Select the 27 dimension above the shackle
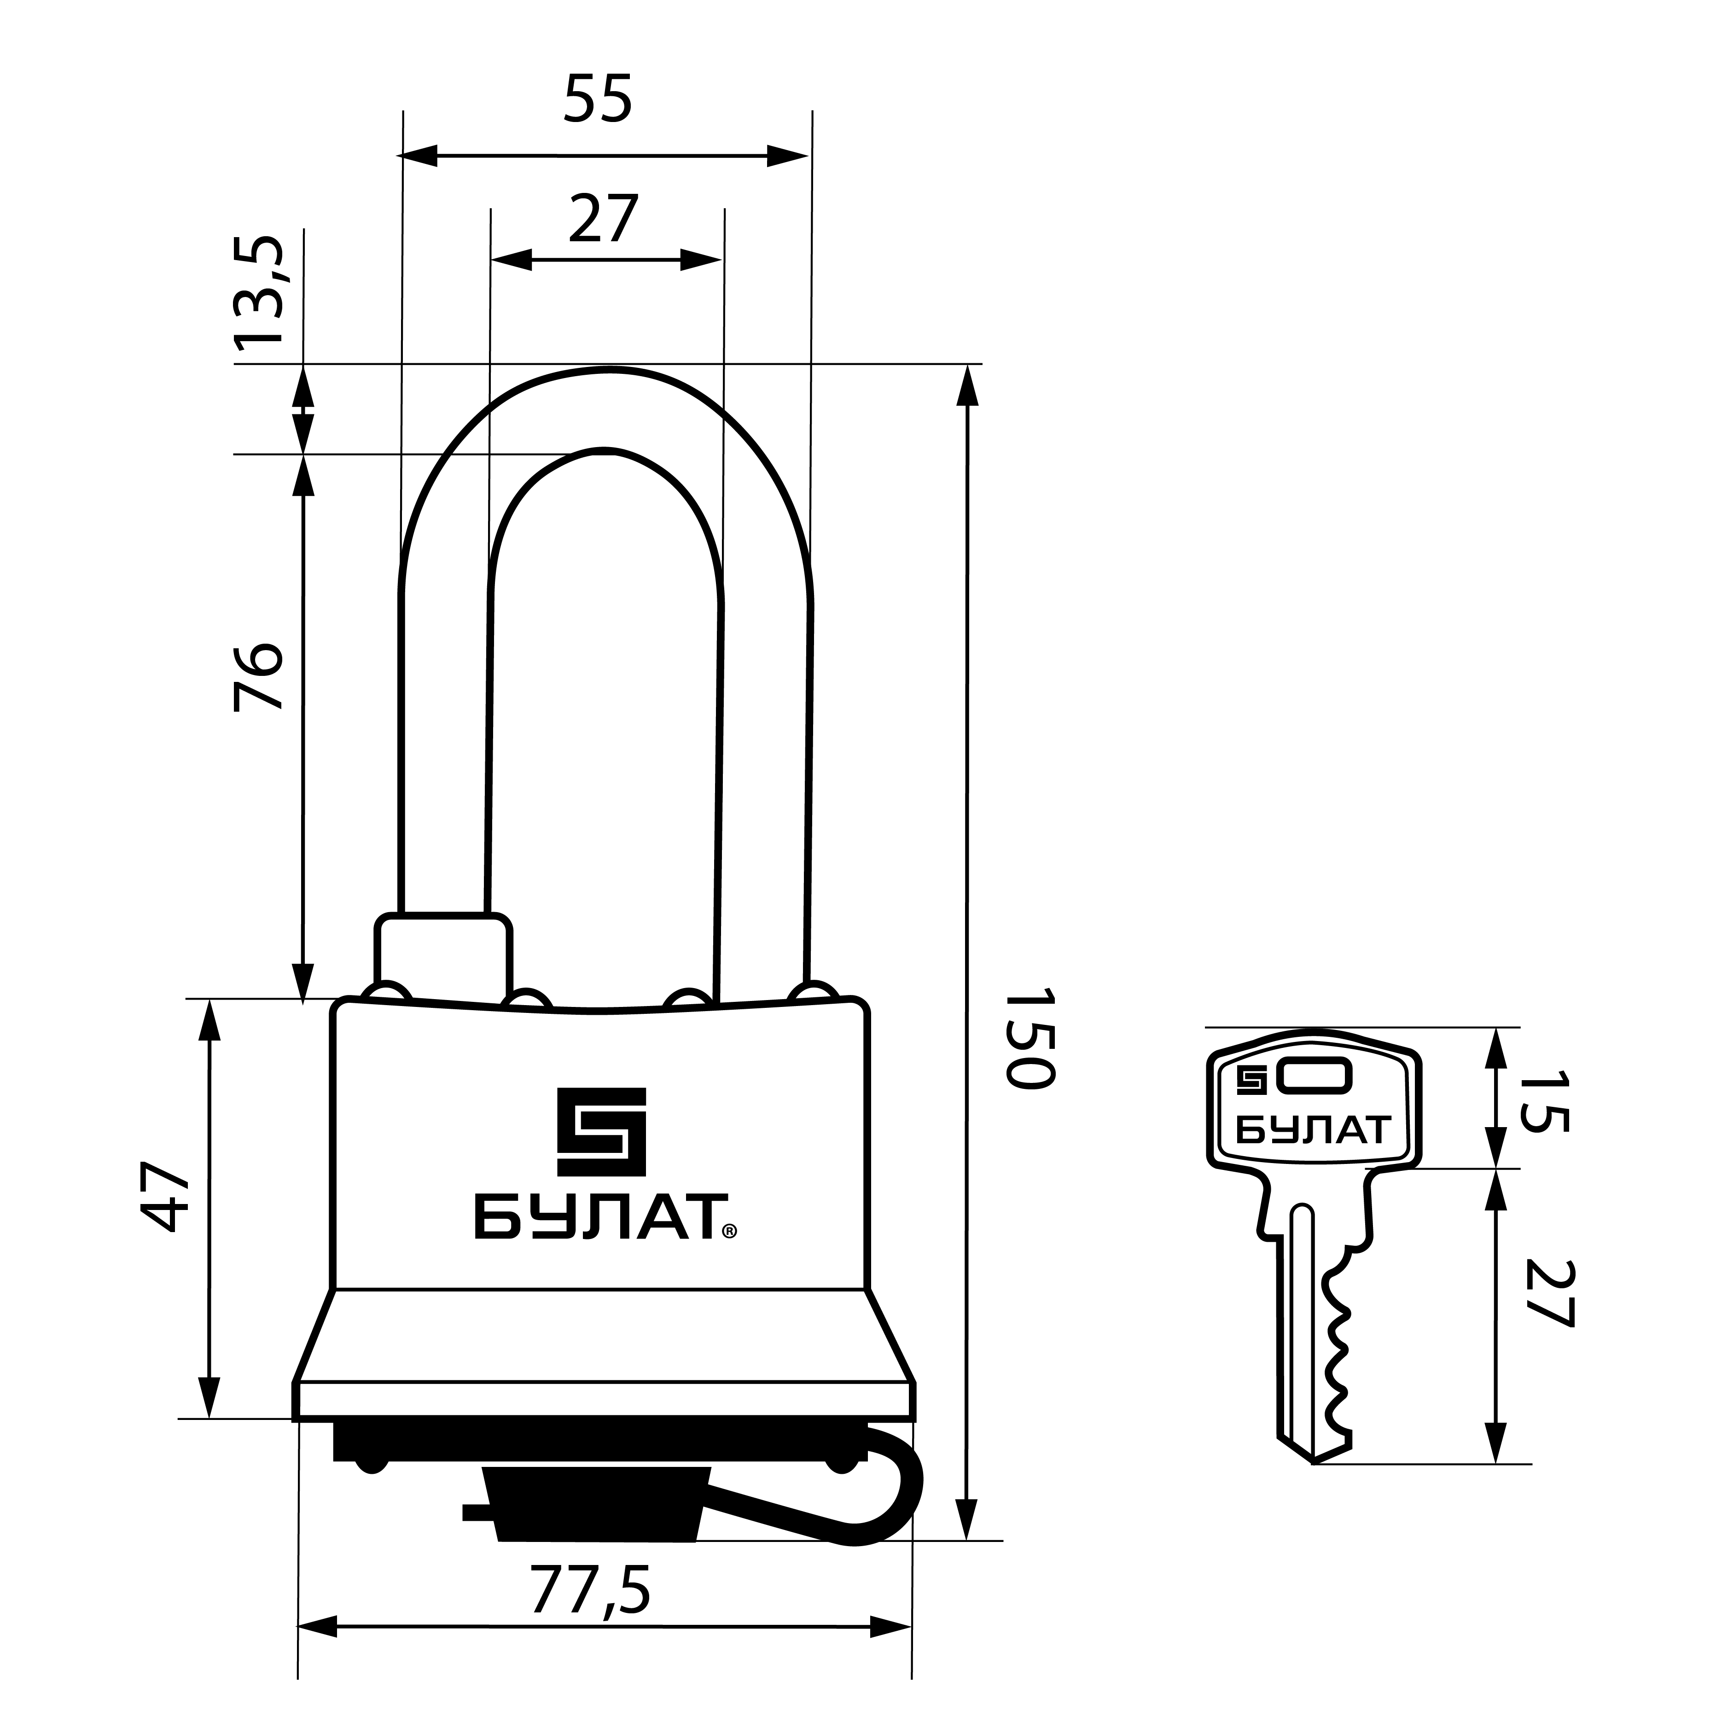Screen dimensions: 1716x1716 pos(604,219)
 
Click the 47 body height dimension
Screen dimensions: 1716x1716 pos(166,1196)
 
